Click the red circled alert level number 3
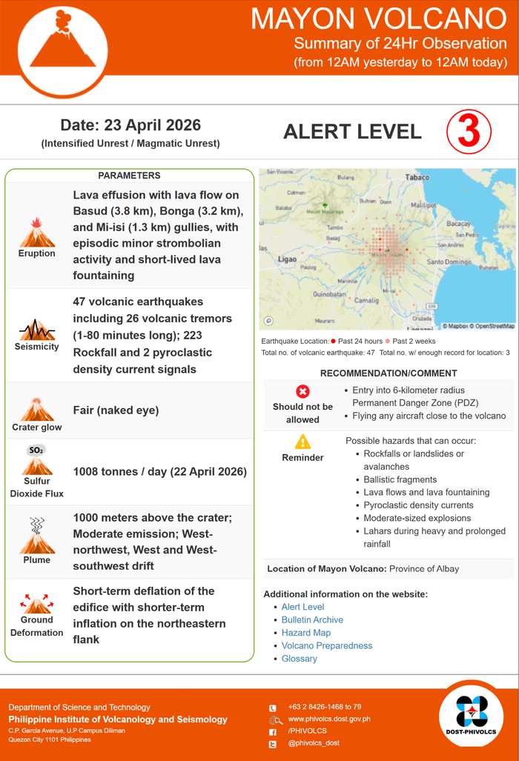point(469,132)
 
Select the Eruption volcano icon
point(37,233)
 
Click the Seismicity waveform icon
point(37,329)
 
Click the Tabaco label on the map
point(417,177)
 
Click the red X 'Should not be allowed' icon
point(303,392)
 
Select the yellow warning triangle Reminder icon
point(303,442)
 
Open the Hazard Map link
point(306,633)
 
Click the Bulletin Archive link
point(312,619)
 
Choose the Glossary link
point(300,659)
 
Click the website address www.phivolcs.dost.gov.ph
point(328,719)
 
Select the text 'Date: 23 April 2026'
point(130,125)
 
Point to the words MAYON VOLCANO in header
point(378,18)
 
